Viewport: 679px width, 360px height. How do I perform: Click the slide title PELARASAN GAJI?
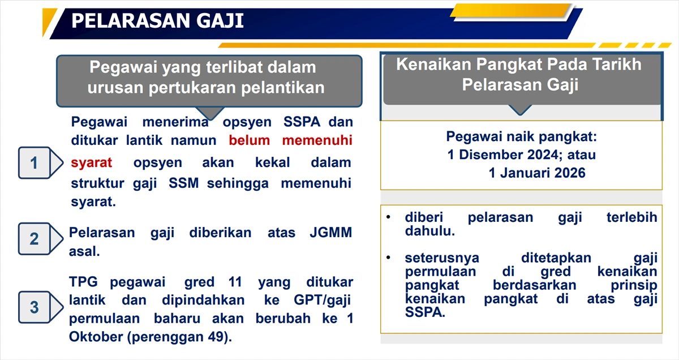pyautogui.click(x=157, y=21)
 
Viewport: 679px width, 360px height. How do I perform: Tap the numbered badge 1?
pyautogui.click(x=34, y=163)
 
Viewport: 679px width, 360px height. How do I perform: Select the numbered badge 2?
pyautogui.click(x=34, y=239)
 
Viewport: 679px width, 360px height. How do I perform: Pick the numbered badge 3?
pyautogui.click(x=34, y=307)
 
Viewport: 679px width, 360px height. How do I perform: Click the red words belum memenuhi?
pyautogui.click(x=291, y=140)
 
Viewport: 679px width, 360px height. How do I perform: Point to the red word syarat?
pyautogui.click(x=92, y=163)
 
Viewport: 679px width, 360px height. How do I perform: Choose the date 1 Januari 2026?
pyautogui.click(x=537, y=173)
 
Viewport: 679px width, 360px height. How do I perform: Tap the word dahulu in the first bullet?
pyautogui.click(x=429, y=231)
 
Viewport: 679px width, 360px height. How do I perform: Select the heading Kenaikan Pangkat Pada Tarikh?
pyautogui.click(x=519, y=64)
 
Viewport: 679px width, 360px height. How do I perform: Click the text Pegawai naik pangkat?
pyautogui.click(x=522, y=136)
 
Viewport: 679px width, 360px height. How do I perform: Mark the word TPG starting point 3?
pyautogui.click(x=84, y=282)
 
